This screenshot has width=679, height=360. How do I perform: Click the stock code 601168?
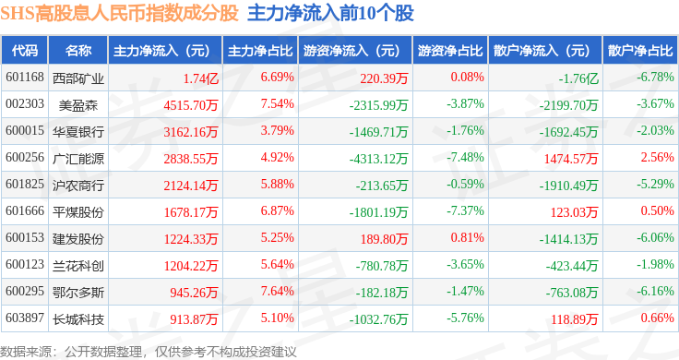pos(25,78)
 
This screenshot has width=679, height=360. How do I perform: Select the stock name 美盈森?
pos(78,105)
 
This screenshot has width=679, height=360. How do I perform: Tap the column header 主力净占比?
pos(260,51)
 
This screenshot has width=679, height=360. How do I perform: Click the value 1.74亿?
pos(200,78)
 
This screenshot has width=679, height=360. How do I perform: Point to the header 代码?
pos(25,51)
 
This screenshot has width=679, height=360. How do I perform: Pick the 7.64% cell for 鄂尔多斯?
pos(277,291)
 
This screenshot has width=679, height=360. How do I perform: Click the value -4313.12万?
pos(379,159)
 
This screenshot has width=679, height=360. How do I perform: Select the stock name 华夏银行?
pos(78,132)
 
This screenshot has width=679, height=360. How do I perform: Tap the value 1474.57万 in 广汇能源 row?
pos(571,159)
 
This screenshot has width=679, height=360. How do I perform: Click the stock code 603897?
pos(25,318)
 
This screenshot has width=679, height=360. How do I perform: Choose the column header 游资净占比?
pos(450,51)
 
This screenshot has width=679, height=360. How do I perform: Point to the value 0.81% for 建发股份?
pos(467,237)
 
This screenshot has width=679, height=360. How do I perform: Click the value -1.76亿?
pos(578,78)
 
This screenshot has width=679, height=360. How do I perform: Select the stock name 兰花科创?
pos(78,266)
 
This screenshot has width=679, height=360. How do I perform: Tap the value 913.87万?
pos(194,319)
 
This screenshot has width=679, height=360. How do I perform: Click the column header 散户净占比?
pos(640,51)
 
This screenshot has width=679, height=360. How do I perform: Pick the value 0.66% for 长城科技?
pos(658,318)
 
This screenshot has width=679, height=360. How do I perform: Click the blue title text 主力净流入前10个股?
pos(331,14)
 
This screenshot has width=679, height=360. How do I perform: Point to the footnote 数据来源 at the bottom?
pos(26,352)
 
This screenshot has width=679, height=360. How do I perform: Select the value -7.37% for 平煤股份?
pos(466,211)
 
